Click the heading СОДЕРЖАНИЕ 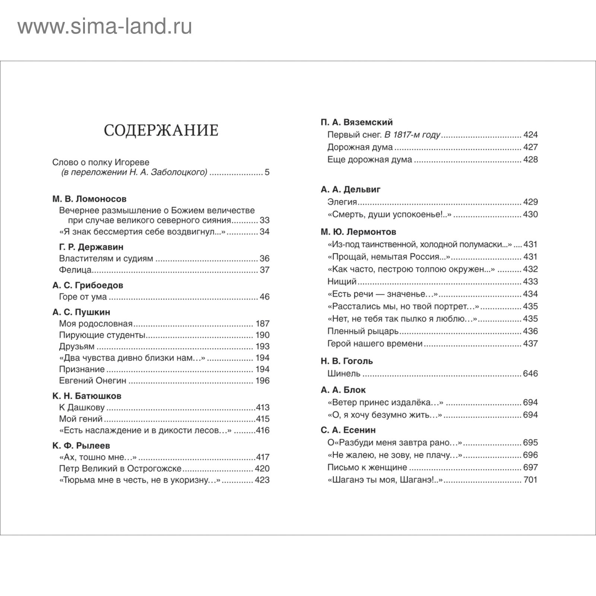(161, 130)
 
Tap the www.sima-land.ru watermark (105, 27)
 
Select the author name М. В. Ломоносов (89, 199)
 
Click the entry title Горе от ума (83, 297)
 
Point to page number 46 (264, 297)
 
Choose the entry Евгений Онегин (93, 381)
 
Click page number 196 (262, 381)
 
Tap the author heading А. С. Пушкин (81, 312)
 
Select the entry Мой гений (81, 419)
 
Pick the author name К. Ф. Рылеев (81, 446)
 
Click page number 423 (262, 480)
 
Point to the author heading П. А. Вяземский (356, 122)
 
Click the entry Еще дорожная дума (370, 159)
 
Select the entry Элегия (342, 202)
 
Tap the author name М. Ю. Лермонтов (358, 232)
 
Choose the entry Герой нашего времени (375, 343)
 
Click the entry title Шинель (344, 374)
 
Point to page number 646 (530, 374)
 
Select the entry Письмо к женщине (367, 467)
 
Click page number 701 (530, 480)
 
